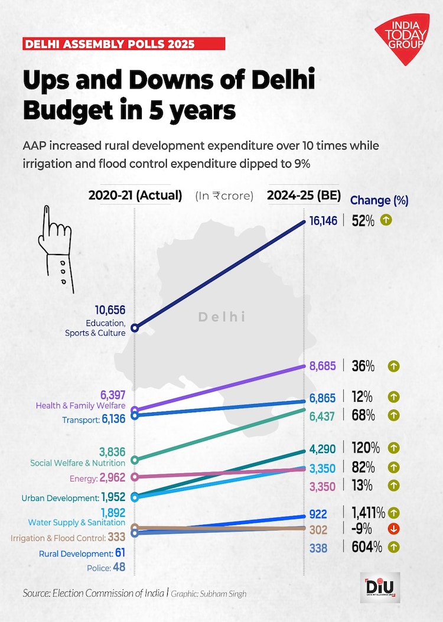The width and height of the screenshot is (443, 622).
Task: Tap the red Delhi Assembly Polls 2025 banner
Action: [123, 44]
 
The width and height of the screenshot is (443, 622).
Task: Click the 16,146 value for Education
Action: [323, 222]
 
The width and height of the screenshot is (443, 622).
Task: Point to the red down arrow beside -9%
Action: [393, 529]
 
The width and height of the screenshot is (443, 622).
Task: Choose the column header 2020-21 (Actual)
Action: [135, 196]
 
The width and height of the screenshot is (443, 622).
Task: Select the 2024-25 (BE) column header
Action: [303, 196]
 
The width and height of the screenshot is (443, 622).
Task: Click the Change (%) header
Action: [379, 200]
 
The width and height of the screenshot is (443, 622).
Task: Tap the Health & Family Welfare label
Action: [80, 406]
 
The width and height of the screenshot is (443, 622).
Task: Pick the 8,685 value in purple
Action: [323, 366]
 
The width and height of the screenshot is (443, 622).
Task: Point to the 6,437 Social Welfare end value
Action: [323, 416]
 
